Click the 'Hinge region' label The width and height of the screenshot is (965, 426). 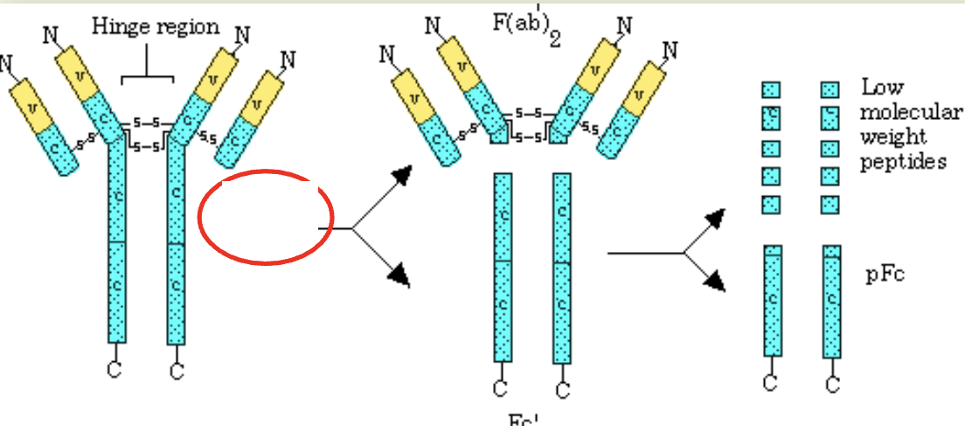[x=156, y=27]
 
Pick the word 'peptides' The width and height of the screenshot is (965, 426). [x=903, y=163]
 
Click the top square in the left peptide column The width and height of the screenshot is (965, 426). [x=771, y=89]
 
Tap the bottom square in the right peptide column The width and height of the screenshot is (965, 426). [x=830, y=205]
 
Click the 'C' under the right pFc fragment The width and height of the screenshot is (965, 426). [x=832, y=383]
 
